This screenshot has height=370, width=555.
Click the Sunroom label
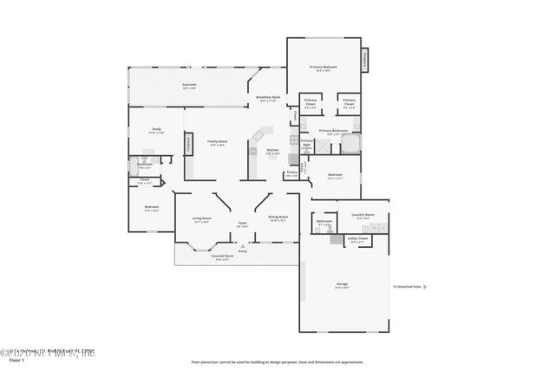tap(189, 85)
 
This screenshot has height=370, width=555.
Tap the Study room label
tap(156, 130)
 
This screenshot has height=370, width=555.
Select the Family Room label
tap(217, 143)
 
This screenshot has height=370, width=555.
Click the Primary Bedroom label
tap(324, 68)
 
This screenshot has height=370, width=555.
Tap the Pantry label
tap(291, 173)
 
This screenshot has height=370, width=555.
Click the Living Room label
tap(202, 220)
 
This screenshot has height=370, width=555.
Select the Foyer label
tap(243, 224)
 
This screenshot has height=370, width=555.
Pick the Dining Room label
tap(277, 218)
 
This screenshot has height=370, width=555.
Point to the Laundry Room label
tap(362, 215)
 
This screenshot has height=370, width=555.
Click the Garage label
tap(342, 285)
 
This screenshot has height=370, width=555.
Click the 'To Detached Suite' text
tap(406, 286)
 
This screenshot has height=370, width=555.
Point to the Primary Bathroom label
tap(333, 132)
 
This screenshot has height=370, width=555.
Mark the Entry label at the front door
tap(243, 251)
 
